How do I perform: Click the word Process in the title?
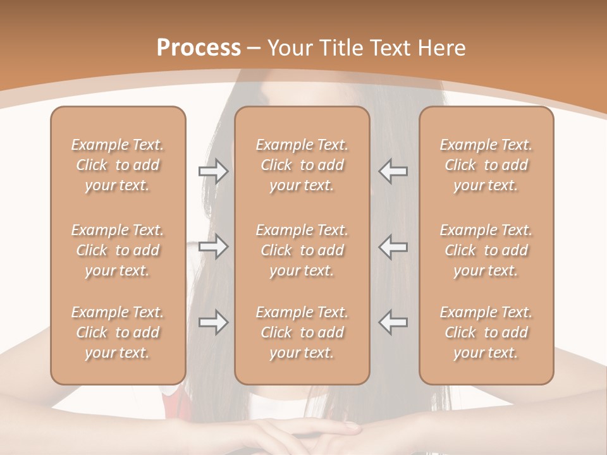tap(199, 48)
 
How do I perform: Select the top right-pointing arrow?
tap(214, 171)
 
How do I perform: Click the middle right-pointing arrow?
tap(214, 246)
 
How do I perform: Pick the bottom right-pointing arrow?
tap(214, 322)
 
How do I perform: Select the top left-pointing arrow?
tap(393, 171)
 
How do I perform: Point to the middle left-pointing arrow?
tap(393, 246)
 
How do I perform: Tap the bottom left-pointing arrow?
tap(393, 322)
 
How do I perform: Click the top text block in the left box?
tap(118, 165)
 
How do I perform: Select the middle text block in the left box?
tap(118, 250)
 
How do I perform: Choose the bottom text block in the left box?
tap(118, 332)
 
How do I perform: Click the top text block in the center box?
tap(302, 165)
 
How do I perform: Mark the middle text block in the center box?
tap(302, 250)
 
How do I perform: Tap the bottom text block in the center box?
tap(302, 332)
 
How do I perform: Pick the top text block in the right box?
tap(486, 165)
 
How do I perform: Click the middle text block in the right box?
tap(486, 250)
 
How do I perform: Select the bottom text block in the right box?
tap(486, 332)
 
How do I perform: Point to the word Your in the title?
tap(288, 48)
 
